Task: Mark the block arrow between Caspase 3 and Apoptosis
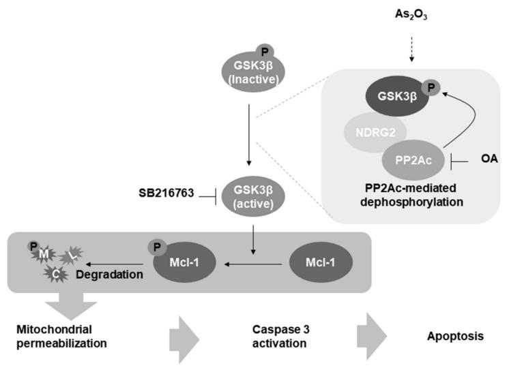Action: [371, 337]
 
